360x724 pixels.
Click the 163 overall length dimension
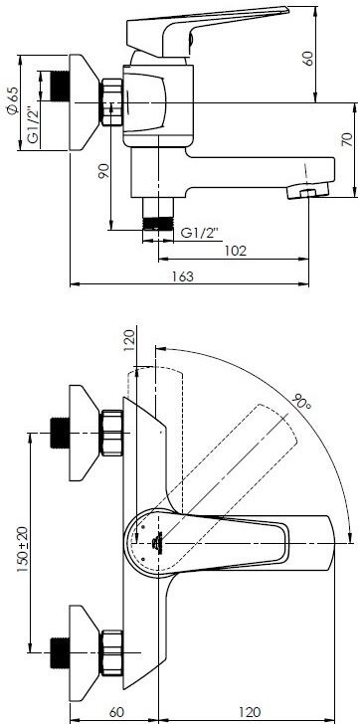183,276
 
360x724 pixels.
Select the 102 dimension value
236,251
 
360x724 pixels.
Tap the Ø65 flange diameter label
13,101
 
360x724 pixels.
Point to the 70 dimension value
346,139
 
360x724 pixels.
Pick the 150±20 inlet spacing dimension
22,549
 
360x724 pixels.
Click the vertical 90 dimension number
103,171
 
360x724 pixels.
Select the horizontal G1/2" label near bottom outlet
199,233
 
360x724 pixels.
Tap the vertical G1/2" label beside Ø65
32,125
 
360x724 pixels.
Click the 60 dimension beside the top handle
308,58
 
